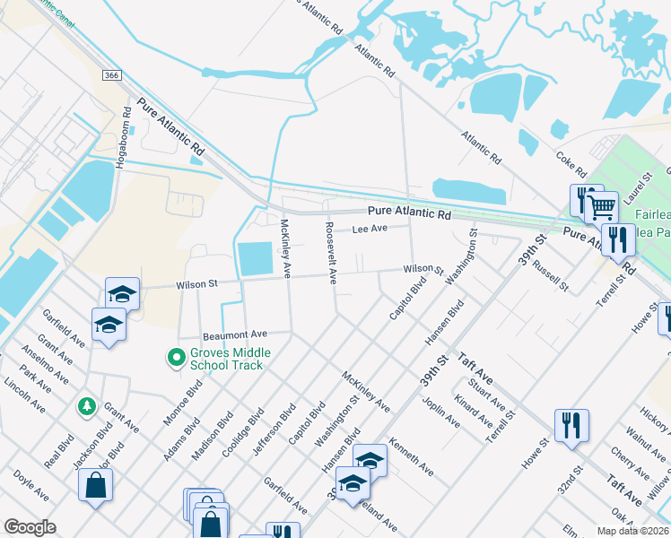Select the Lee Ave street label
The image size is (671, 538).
pyautogui.click(x=370, y=230)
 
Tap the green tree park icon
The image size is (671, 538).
pyautogui.click(x=87, y=407)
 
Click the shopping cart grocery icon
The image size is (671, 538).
pyautogui.click(x=602, y=208)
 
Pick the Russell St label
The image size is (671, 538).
pyautogui.click(x=550, y=275)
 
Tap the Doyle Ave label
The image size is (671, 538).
pyautogui.click(x=30, y=490)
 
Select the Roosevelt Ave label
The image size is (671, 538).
pyautogui.click(x=330, y=253)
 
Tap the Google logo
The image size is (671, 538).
pyautogui.click(x=30, y=527)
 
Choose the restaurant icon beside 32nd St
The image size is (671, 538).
pyautogui.click(x=571, y=426)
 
